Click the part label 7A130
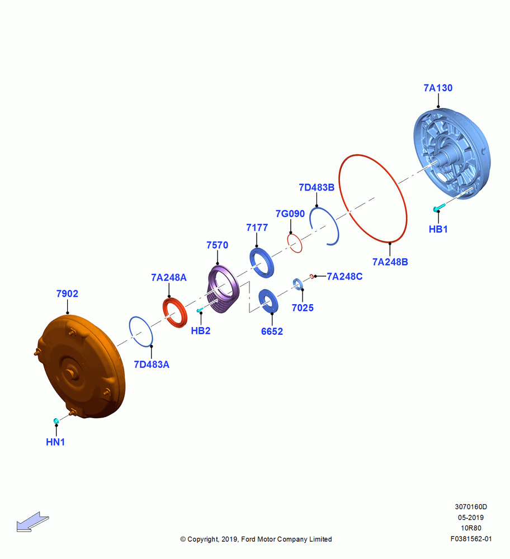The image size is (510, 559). (x=438, y=88)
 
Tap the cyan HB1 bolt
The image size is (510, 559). (x=439, y=207)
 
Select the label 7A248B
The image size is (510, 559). (x=390, y=262)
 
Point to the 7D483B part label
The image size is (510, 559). (x=317, y=187)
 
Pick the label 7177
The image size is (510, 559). (x=257, y=228)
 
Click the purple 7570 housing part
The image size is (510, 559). (x=223, y=289)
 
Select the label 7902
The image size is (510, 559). (x=67, y=294)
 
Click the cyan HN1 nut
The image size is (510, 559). (x=56, y=421)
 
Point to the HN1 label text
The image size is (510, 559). (x=55, y=442)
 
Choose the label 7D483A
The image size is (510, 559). (x=151, y=364)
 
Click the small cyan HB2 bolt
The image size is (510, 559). (x=200, y=310)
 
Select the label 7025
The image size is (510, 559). (x=303, y=307)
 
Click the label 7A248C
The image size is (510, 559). (x=344, y=277)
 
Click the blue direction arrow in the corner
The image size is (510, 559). (x=32, y=522)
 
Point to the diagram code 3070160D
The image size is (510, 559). (x=471, y=506)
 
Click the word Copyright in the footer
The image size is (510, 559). (x=203, y=539)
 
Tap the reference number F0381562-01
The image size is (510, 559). (x=471, y=539)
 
